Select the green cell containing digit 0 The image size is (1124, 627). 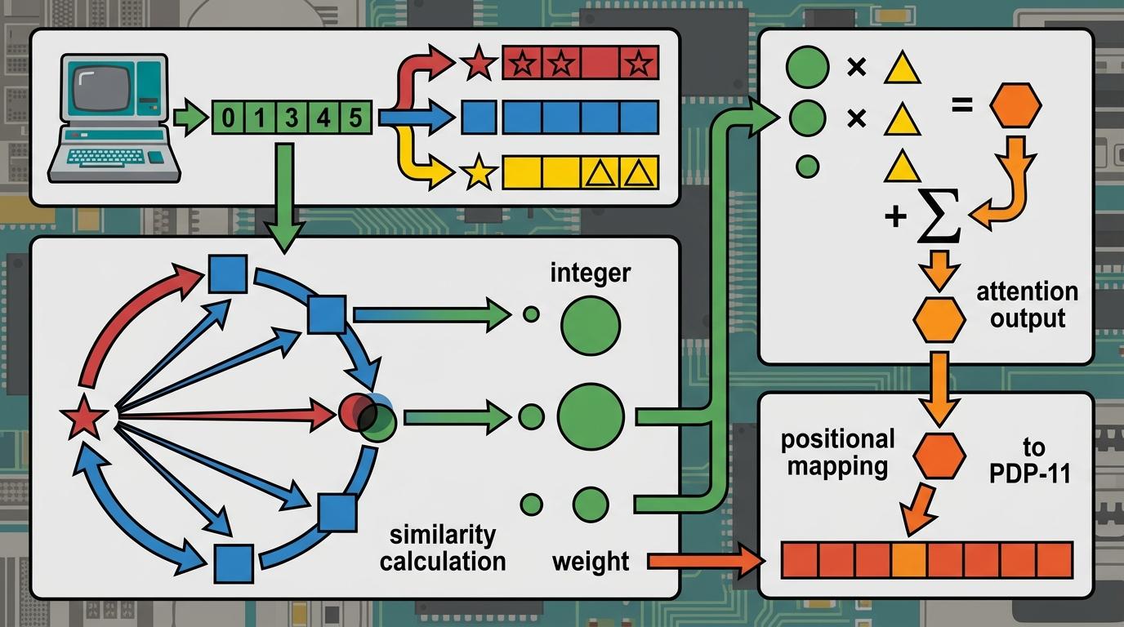click(228, 118)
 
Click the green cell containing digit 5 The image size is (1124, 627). click(355, 118)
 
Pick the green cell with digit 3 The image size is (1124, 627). click(292, 118)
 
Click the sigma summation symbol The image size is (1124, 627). click(939, 217)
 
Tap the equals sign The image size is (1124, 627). click(962, 105)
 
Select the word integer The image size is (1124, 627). click(590, 273)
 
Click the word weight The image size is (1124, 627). click(590, 562)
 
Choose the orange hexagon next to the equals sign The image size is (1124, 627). click(1015, 106)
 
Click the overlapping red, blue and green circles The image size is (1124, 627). click(367, 415)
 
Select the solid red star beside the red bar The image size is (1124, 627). click(480, 65)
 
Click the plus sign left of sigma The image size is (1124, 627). click(896, 217)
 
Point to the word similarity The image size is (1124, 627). click(443, 536)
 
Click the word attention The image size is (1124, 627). click(1028, 292)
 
